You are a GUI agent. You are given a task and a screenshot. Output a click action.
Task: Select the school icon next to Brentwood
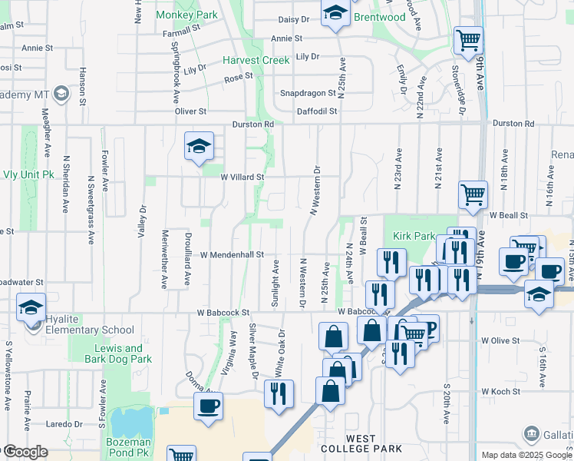[x=335, y=13]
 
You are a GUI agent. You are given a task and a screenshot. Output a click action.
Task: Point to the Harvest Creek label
[x=256, y=60]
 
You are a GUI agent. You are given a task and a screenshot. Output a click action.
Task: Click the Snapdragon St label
[x=308, y=93]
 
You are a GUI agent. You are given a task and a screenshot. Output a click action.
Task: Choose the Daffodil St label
[x=317, y=111]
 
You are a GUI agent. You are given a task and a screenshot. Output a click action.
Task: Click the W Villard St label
[x=242, y=177]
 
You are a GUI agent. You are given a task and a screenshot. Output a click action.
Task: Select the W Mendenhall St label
[x=232, y=254]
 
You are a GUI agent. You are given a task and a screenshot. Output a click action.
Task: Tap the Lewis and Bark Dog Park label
[x=120, y=353]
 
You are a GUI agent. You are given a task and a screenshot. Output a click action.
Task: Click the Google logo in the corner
[x=25, y=452]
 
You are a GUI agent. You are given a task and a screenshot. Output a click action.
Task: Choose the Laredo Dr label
[x=64, y=423]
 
